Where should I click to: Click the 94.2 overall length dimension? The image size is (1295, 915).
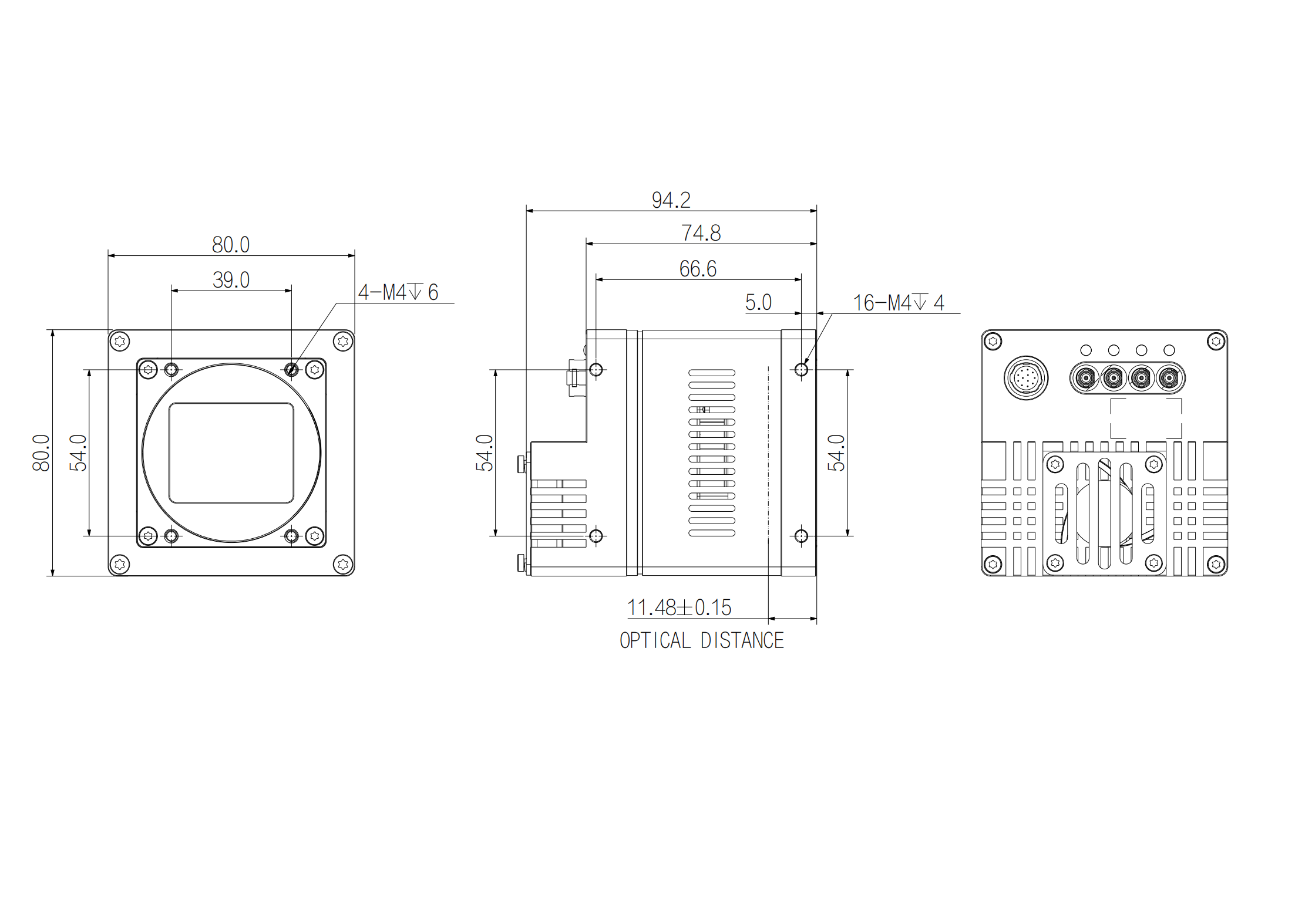tap(671, 200)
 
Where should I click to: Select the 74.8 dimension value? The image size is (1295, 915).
tap(701, 233)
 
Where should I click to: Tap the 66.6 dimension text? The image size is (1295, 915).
tap(698, 269)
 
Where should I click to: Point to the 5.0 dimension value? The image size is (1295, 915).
tap(758, 302)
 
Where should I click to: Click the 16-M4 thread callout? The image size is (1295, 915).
tap(898, 303)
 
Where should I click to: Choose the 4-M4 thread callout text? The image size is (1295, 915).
tap(398, 292)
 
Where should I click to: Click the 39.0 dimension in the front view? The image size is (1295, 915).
tap(231, 280)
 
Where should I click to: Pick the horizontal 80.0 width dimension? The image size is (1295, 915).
tap(231, 245)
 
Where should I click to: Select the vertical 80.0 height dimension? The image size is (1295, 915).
tap(41, 453)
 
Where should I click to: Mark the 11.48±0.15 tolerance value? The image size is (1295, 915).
tap(679, 607)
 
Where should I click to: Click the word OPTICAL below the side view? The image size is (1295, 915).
tap(655, 640)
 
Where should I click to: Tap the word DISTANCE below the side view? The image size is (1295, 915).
tap(742, 640)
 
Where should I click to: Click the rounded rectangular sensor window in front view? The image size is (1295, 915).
tap(231, 453)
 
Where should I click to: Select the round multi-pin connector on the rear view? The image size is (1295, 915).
tap(1026, 378)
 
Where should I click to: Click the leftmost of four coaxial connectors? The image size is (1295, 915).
tap(1085, 378)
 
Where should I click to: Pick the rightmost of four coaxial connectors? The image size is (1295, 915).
tap(1169, 378)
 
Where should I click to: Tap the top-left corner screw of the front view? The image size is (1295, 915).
tap(120, 341)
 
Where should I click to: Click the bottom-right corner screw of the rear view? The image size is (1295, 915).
tap(1216, 565)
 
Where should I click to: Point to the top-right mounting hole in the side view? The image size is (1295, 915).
tap(801, 370)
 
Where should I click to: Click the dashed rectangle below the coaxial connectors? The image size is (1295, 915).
tap(1146, 418)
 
